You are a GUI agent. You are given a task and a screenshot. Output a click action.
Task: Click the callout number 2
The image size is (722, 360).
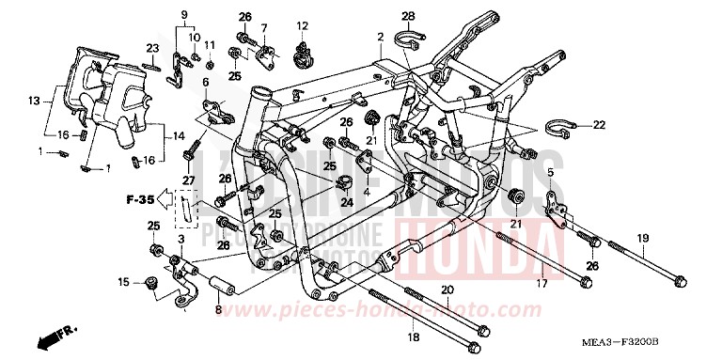[x=380, y=38]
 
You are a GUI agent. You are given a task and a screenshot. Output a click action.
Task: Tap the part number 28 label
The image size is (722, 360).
[x=408, y=16]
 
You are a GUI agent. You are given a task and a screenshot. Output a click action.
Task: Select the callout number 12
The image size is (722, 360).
[x=303, y=25]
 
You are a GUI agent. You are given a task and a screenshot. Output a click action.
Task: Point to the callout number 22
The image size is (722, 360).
[x=599, y=124]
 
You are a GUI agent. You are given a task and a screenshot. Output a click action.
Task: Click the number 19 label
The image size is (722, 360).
[x=642, y=239]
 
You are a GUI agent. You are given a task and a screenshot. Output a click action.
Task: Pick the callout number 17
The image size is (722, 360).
[x=541, y=283]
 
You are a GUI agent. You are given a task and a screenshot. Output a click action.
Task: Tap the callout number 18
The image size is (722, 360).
[x=412, y=336]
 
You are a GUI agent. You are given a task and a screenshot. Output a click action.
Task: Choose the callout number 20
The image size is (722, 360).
[x=447, y=290]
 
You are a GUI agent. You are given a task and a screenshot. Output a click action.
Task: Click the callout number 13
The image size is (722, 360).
[x=34, y=101]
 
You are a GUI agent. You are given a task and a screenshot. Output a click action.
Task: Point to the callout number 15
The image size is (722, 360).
[x=123, y=281]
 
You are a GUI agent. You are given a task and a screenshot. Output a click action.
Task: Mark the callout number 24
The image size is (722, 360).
[x=347, y=200]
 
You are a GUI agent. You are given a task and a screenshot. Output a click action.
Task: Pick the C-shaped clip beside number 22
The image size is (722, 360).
[x=559, y=126]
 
